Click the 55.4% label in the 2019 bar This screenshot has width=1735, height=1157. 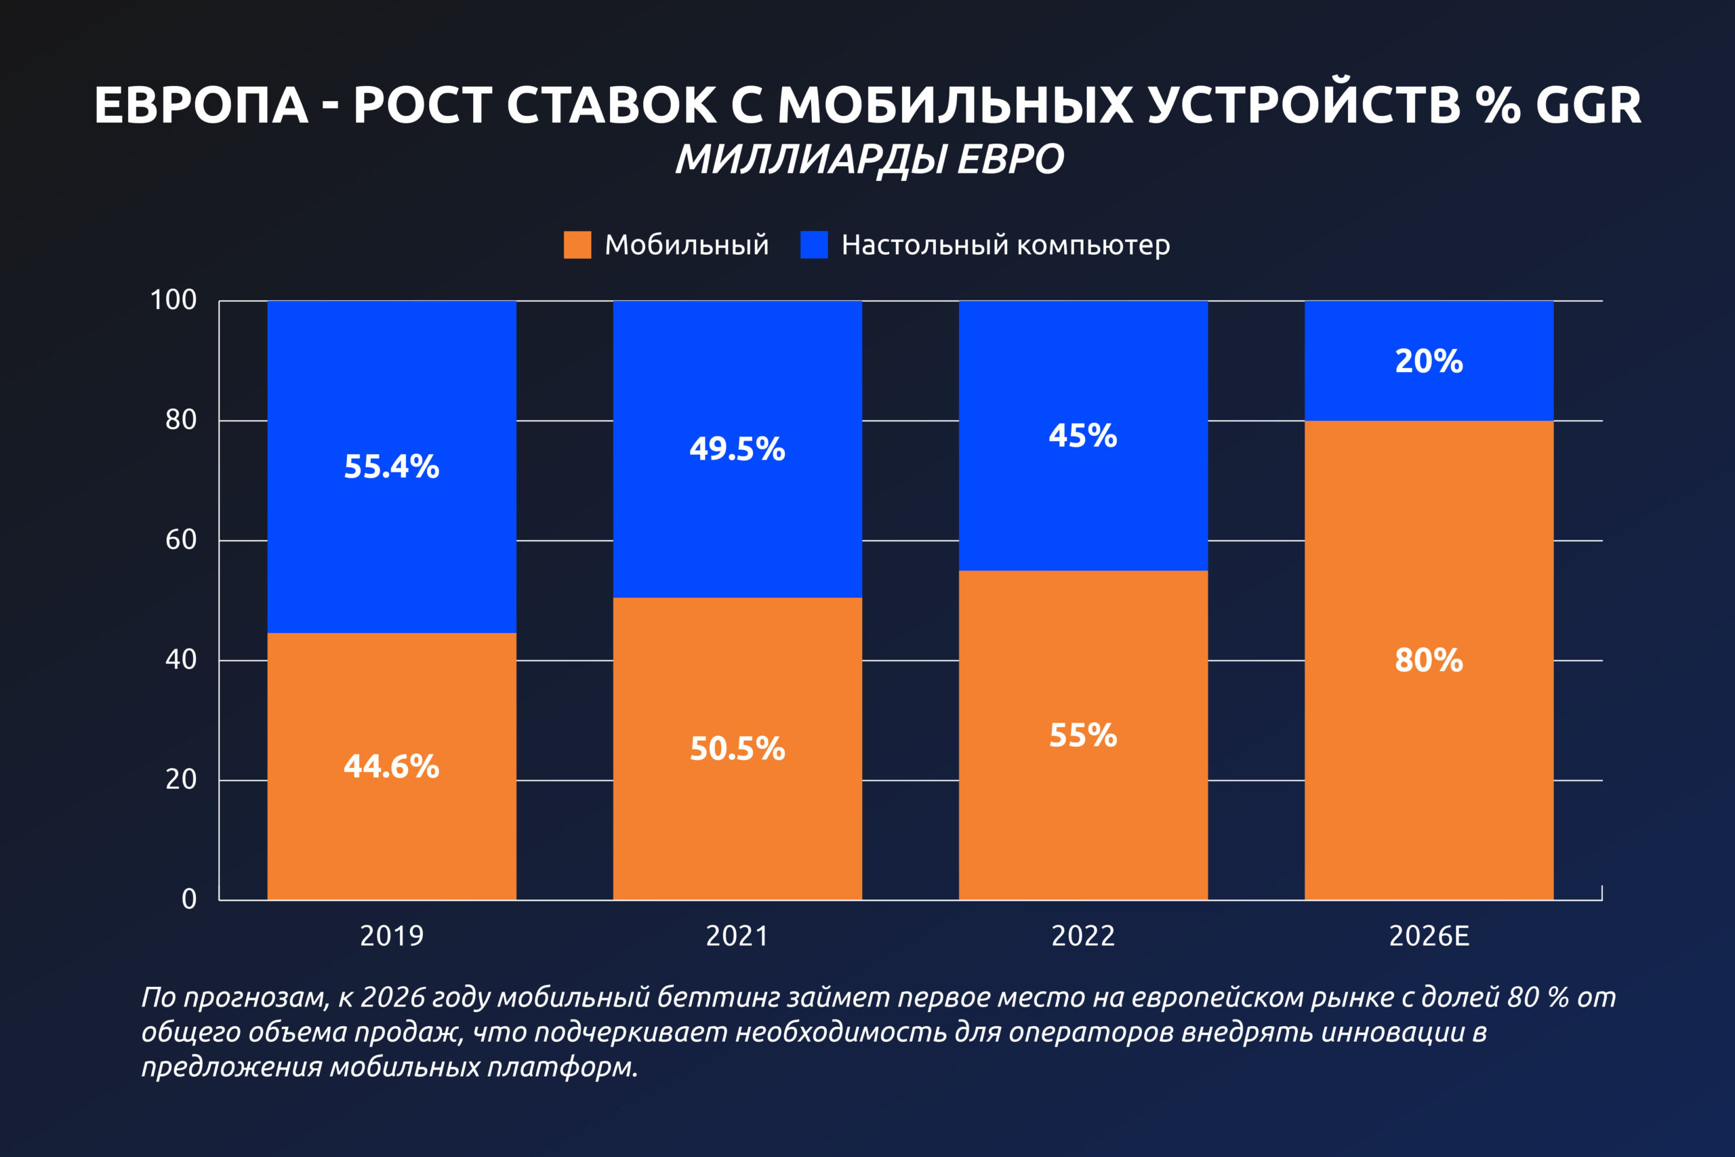[392, 466]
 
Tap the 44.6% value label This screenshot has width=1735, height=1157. [392, 766]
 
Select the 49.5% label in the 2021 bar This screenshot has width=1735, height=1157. [737, 449]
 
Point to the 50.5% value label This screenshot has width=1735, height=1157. [737, 748]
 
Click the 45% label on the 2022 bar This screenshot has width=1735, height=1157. [1083, 435]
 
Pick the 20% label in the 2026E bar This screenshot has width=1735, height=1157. [1429, 361]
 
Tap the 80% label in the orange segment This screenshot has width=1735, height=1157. [1429, 659]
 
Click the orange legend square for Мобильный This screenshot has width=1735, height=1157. [577, 245]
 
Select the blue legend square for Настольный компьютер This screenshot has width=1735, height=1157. [814, 245]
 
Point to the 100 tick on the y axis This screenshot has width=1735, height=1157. [173, 300]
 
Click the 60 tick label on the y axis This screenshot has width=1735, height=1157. [181, 540]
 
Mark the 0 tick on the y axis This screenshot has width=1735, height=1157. [189, 899]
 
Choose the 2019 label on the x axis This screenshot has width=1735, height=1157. [392, 936]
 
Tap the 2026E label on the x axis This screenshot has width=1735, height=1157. [1429, 936]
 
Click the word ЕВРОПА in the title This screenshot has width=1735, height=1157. [201, 105]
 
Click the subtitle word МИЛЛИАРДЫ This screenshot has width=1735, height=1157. [811, 159]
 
